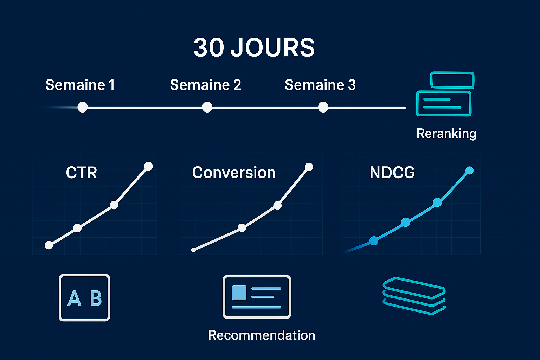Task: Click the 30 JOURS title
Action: (x=254, y=48)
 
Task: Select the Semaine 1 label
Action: (x=80, y=85)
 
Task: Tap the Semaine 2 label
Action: (x=205, y=85)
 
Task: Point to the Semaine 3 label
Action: (x=320, y=85)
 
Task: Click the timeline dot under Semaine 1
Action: (x=83, y=107)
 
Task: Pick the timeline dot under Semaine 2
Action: (x=207, y=107)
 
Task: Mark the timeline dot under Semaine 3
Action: (x=323, y=107)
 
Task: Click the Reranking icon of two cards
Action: (x=445, y=94)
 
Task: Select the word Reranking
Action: (x=446, y=134)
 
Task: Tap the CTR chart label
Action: (x=81, y=173)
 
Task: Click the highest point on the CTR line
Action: (x=148, y=166)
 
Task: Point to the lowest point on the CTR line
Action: (x=49, y=245)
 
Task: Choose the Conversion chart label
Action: (x=233, y=173)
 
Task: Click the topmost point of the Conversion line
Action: (x=309, y=167)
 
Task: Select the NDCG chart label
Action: (x=392, y=173)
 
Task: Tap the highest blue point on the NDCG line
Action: (x=469, y=171)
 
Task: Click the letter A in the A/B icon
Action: (x=74, y=298)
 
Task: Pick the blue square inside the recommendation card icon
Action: (x=239, y=292)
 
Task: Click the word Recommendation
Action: (x=262, y=335)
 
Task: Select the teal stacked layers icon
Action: (x=414, y=296)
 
